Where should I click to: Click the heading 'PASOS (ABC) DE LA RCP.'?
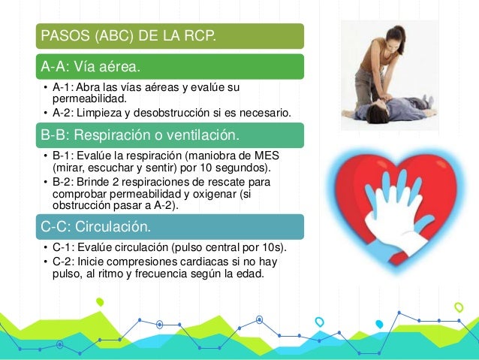point(128,35)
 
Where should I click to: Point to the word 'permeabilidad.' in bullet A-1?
point(84,98)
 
